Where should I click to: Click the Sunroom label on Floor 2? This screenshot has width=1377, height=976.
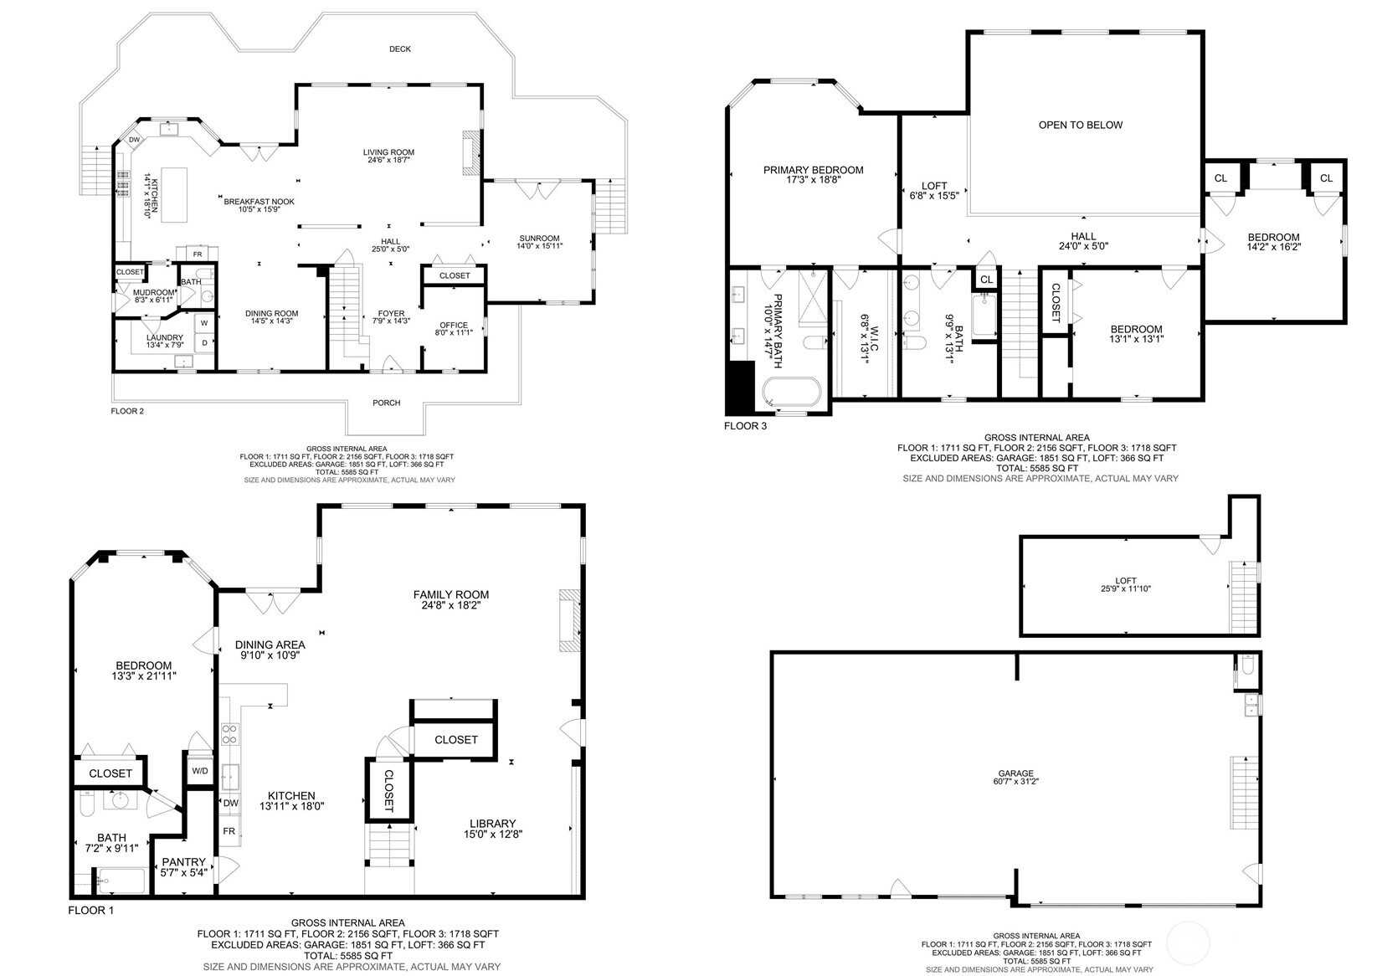538,239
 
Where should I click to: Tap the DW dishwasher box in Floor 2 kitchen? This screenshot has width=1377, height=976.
134,140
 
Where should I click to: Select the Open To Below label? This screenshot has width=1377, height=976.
1080,125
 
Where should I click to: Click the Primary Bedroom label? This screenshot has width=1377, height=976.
813,170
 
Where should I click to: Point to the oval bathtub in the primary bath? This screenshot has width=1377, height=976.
792,392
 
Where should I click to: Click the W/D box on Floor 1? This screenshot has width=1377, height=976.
200,771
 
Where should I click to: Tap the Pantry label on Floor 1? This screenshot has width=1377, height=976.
183,862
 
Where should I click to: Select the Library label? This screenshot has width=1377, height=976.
492,824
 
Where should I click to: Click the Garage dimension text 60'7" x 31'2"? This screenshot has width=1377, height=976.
1015,781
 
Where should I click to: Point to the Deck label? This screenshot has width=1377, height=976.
400,49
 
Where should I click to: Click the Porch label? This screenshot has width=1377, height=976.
386,403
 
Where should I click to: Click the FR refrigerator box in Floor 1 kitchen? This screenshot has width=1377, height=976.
229,831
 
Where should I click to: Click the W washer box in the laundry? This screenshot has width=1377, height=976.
203,322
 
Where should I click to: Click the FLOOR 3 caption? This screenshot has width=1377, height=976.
744,426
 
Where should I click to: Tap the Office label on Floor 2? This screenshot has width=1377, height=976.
454,326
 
